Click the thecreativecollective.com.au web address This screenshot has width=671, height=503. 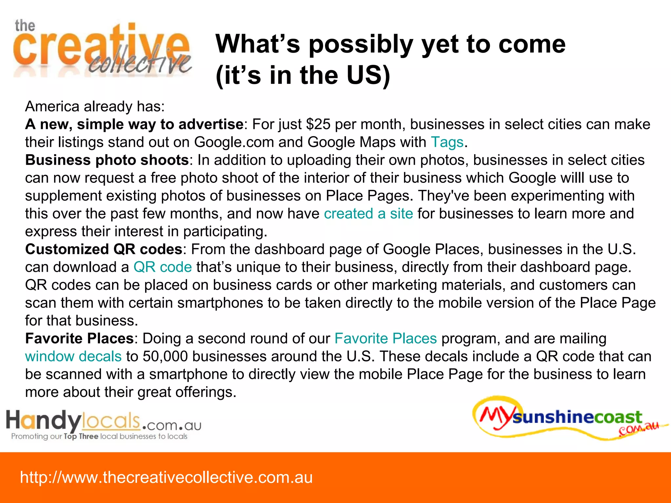(x=166, y=477)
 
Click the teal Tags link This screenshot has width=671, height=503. (x=447, y=142)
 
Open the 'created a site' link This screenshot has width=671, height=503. (x=368, y=214)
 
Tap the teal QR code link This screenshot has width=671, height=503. (x=163, y=267)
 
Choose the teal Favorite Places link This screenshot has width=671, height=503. (x=385, y=338)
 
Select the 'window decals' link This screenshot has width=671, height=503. (x=73, y=356)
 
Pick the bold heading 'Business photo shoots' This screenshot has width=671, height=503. (x=107, y=160)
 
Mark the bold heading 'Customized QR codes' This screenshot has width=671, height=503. (x=104, y=249)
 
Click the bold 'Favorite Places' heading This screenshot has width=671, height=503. (x=79, y=338)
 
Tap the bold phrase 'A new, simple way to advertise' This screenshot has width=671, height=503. (x=134, y=124)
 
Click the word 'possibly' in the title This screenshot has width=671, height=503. (x=360, y=44)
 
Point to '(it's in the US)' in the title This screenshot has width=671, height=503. (x=303, y=75)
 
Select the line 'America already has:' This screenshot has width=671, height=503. (x=95, y=106)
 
